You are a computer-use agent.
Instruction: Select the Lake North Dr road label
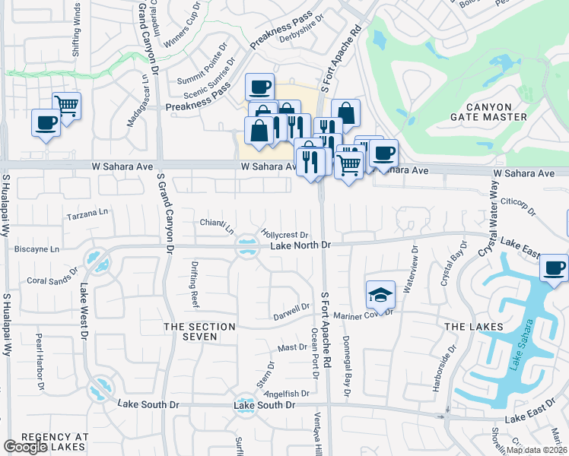(x=301, y=245)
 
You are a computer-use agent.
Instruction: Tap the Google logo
(x=25, y=447)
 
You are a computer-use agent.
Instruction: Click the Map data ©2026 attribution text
(x=536, y=450)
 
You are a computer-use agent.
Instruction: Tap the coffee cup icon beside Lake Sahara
(x=554, y=268)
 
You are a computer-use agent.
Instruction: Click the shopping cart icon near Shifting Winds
(x=67, y=106)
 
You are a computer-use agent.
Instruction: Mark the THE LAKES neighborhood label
(x=473, y=327)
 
